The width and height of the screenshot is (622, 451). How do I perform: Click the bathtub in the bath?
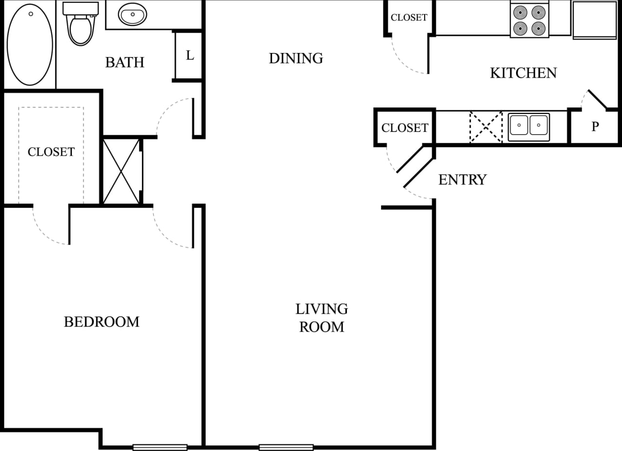[x=30, y=45]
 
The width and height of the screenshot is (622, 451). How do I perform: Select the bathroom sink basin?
[x=132, y=15]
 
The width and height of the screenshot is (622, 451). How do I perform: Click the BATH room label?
[x=125, y=62]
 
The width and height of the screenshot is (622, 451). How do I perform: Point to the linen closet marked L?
[x=190, y=55]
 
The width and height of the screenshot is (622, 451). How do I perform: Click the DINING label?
[x=296, y=58]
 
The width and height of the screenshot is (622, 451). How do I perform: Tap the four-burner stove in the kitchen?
[x=529, y=20]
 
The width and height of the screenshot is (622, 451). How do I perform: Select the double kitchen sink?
[x=529, y=127]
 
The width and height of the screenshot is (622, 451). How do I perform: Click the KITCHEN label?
[x=523, y=73]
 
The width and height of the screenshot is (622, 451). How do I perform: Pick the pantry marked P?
[x=595, y=126]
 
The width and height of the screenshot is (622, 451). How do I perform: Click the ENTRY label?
[x=462, y=180]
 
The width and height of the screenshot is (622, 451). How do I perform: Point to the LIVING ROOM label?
[x=322, y=318]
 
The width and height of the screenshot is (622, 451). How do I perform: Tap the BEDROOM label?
[x=102, y=322]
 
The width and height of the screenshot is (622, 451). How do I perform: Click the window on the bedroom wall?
[x=160, y=447]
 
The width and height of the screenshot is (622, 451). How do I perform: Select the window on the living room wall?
[x=286, y=447]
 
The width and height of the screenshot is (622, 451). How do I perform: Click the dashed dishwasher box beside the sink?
[x=486, y=127]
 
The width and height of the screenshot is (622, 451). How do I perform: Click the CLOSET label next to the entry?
[x=405, y=128]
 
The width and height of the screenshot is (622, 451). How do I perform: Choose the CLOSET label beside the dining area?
[x=409, y=18]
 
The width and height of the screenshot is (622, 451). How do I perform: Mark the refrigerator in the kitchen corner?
[x=595, y=19]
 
